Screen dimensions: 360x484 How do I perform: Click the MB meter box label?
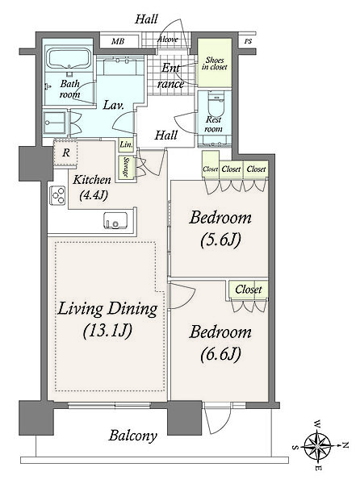pos(117,41)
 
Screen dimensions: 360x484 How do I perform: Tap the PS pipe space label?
pos(248,41)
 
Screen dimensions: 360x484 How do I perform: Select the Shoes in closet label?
pos(215,63)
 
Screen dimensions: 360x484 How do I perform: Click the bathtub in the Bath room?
pos(69,58)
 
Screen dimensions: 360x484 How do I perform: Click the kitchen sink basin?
pos(115,220)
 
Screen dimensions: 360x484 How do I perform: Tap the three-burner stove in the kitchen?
pos(58,195)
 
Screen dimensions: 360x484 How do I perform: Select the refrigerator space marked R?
pos(65,152)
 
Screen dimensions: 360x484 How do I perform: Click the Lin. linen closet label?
pos(126,144)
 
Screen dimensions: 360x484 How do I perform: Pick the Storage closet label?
pos(126,168)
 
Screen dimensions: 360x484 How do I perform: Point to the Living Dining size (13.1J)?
pos(107,331)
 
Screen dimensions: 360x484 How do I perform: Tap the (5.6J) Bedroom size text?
pos(220,240)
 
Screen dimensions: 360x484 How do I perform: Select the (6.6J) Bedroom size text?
pos(220,354)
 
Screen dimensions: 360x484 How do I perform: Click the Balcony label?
pos(132,436)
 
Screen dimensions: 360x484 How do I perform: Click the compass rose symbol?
pos(317,446)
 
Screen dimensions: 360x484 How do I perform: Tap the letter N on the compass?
pos(345,445)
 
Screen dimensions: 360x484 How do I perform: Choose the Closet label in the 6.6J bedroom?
pos(249,290)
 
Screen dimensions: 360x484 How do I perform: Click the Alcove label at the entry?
pos(168,40)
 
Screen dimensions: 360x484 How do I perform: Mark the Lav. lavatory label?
pos(113,105)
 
